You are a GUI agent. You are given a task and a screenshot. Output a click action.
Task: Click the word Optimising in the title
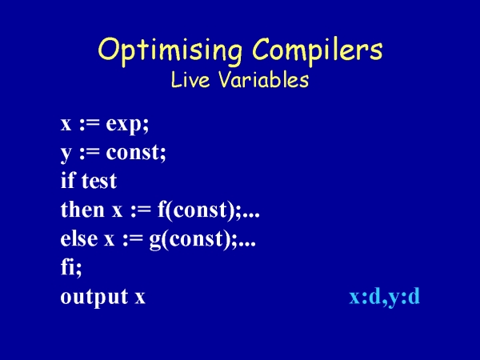pyautogui.click(x=170, y=50)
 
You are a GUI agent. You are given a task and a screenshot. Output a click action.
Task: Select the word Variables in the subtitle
pyautogui.click(x=264, y=79)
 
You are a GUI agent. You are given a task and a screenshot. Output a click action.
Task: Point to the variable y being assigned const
pyautogui.click(x=66, y=154)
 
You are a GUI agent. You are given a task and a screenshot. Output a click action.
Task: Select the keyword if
pyautogui.click(x=68, y=180)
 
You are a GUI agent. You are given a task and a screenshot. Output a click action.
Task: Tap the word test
pyautogui.click(x=99, y=182)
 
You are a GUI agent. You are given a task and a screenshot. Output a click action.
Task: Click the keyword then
pyautogui.click(x=82, y=210)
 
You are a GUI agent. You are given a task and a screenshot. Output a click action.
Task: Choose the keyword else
pyautogui.click(x=79, y=238)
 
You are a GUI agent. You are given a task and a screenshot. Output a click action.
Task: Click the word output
pyautogui.click(x=94, y=297)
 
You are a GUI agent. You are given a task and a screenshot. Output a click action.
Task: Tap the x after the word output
pyautogui.click(x=140, y=298)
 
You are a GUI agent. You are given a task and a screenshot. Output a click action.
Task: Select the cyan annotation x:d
pyautogui.click(x=364, y=297)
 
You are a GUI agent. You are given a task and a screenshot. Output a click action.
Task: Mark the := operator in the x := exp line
pyautogui.click(x=90, y=124)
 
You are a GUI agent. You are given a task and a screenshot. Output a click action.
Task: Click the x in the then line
pyautogui.click(x=117, y=211)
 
